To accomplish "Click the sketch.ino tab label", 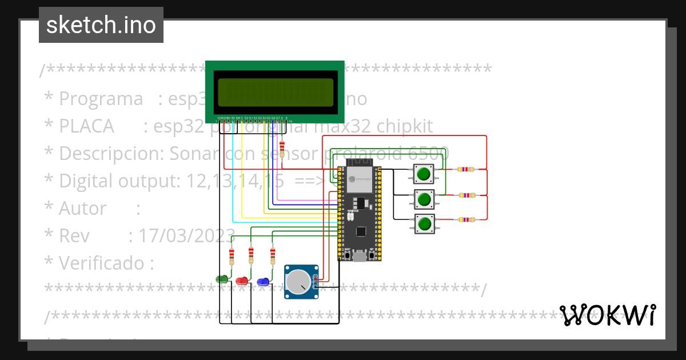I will click(101, 25).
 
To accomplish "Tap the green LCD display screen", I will click(275, 92).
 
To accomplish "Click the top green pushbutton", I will click(424, 173).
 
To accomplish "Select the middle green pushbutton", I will click(424, 199).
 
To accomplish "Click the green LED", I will click(222, 279).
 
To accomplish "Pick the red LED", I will click(242, 281).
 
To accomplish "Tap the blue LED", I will click(263, 281).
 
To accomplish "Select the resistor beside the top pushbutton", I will click(466, 169).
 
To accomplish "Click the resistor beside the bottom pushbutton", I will click(466, 219).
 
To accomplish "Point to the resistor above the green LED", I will click(232, 255).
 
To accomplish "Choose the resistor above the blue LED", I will click(273, 254).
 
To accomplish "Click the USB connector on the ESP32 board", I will click(360, 257).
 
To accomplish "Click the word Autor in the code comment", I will click(82, 209).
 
